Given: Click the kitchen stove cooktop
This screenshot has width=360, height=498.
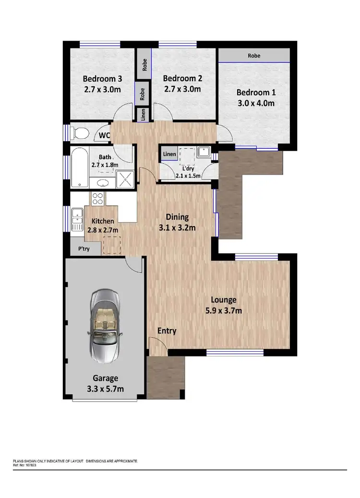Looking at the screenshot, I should coord(98,199).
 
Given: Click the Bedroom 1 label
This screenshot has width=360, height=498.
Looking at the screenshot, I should coord(256,93).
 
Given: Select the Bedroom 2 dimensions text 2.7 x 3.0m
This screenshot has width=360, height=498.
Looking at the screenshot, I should coord(182,89).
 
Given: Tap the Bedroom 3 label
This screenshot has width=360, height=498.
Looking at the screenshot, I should coord(102,79).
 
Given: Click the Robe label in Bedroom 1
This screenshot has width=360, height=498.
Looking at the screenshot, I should coord(254,56).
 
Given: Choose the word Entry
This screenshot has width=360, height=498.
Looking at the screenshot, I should coord(167,331).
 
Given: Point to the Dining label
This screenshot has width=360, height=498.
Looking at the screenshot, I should coord(177,217).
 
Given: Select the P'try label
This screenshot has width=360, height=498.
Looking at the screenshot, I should coord(84,249).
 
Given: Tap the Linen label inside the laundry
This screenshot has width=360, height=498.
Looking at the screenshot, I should coord(169,154).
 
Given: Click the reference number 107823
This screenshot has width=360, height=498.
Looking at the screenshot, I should coord(30,465).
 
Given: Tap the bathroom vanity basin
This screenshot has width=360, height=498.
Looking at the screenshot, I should coord(102,182).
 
